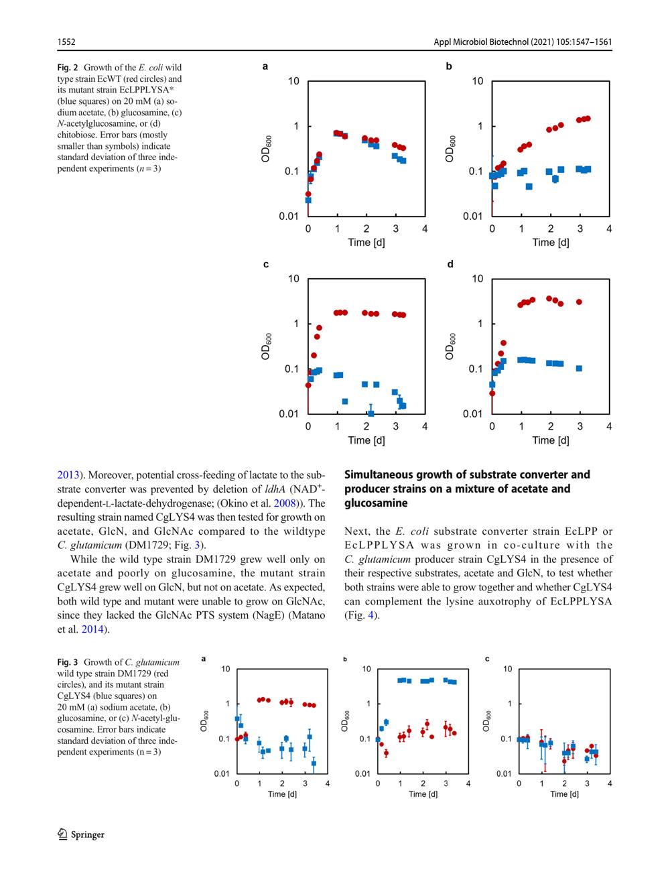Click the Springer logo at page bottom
[81, 834]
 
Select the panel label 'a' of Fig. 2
[265, 66]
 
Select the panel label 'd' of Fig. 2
[450, 264]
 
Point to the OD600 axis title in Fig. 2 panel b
[450, 149]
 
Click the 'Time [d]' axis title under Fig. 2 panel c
[366, 440]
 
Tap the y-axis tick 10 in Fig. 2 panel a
[293, 82]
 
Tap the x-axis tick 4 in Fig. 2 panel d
[609, 426]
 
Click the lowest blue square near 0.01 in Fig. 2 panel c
[371, 413]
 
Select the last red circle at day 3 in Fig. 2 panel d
[579, 302]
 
